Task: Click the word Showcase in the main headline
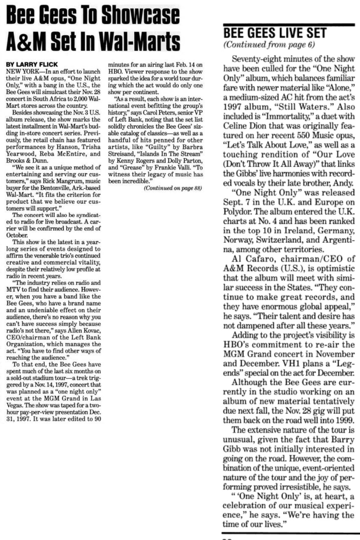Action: pyautogui.click(x=140, y=15)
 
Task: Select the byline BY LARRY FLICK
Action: pyautogui.click(x=32, y=64)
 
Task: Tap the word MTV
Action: pyautogui.click(x=14, y=289)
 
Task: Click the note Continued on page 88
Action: pyautogui.click(x=173, y=188)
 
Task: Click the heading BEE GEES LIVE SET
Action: pyautogui.click(x=275, y=33)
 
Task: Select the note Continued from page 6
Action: pyautogui.click(x=269, y=45)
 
